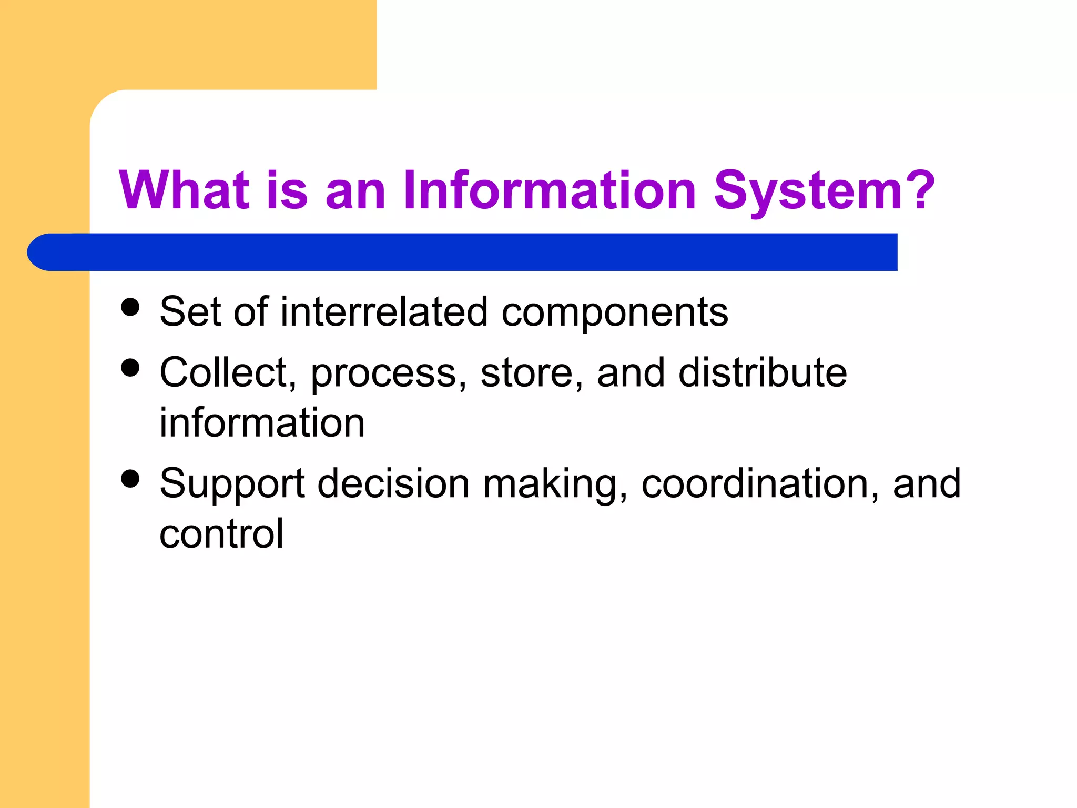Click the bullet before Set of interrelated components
tap(130, 307)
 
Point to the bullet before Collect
tap(130, 368)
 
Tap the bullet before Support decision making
tap(130, 479)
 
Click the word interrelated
tap(384, 312)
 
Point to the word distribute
tap(763, 373)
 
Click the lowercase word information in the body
tap(262, 423)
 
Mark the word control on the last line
tap(221, 534)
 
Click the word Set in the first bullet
tap(190, 312)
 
